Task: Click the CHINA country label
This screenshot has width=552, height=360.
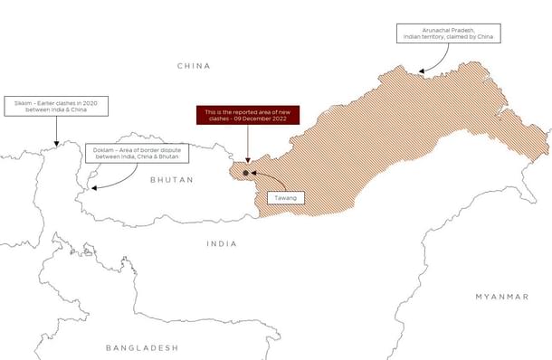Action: (x=194, y=66)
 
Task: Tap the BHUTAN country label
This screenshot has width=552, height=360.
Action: (x=172, y=180)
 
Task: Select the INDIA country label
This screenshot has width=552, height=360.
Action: (x=222, y=243)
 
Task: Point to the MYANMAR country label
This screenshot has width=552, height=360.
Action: (x=501, y=297)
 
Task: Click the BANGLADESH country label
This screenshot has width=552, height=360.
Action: (x=142, y=347)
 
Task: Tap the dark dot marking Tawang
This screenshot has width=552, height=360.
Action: (x=245, y=172)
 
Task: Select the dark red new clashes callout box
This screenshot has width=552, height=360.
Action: (x=246, y=115)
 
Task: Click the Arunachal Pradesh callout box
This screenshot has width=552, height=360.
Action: (x=446, y=33)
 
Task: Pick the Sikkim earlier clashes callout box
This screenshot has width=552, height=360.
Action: (x=56, y=107)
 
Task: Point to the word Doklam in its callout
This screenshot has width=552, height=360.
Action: (x=103, y=148)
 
